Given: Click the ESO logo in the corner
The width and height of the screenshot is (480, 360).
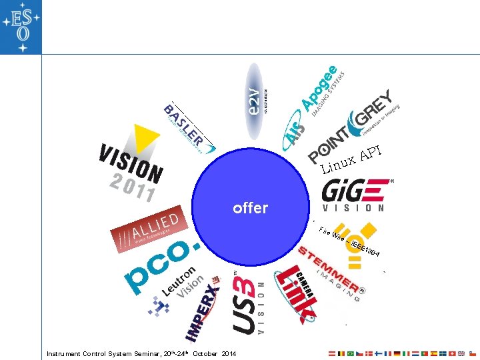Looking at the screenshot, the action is [21, 27].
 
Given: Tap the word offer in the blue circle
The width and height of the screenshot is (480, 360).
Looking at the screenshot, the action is [250, 208].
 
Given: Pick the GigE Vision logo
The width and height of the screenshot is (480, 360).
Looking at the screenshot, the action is [354, 194].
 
